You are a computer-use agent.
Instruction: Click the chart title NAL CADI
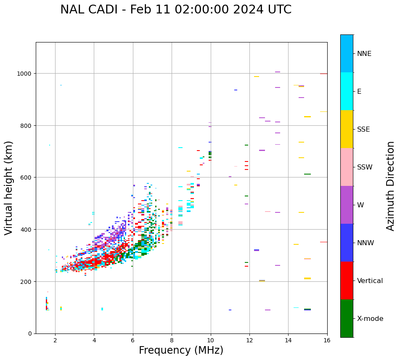[x=175, y=10]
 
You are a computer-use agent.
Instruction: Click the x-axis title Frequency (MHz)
[x=181, y=350]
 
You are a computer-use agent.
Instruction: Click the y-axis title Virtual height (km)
[x=9, y=188]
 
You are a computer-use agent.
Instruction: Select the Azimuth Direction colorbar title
[x=391, y=186]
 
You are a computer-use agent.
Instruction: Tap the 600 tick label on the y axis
[x=27, y=177]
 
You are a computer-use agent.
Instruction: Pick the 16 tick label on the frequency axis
[x=327, y=341]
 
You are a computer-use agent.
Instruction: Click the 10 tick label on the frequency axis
[x=210, y=341]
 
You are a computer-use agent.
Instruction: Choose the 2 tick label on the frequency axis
[x=55, y=341]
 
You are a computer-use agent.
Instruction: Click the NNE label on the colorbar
[x=364, y=54]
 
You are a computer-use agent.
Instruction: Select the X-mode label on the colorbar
[x=370, y=319]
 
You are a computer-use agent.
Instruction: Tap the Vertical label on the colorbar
[x=370, y=281]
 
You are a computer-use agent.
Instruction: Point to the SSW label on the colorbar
[x=365, y=167]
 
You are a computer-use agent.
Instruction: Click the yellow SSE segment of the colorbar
[x=347, y=129]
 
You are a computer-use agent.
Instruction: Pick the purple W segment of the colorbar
[x=347, y=205]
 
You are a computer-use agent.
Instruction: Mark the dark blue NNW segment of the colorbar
[x=347, y=243]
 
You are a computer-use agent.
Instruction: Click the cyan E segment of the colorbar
[x=347, y=91]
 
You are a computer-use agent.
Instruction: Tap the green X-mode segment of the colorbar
[x=347, y=318]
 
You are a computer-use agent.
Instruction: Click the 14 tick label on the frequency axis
[x=288, y=341]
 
